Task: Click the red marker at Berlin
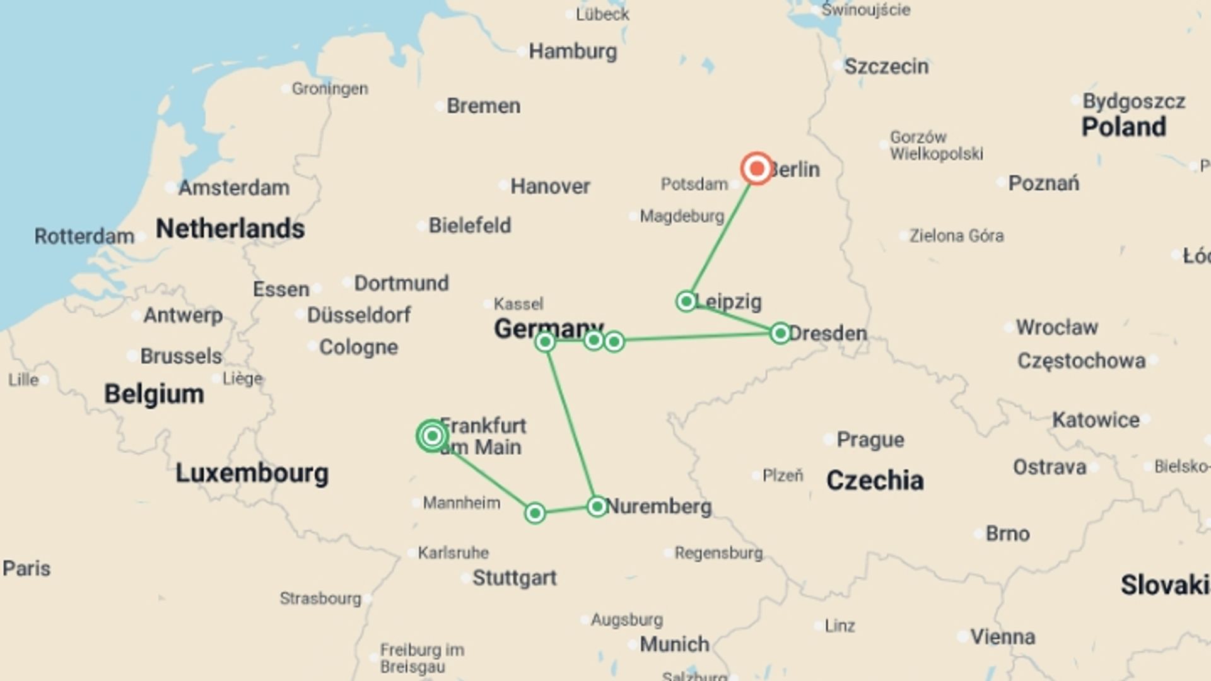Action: (x=756, y=168)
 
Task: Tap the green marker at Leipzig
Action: (x=686, y=301)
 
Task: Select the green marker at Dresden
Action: (x=780, y=333)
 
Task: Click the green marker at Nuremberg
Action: (x=597, y=506)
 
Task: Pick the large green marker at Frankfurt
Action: (x=432, y=436)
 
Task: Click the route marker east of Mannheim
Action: (x=535, y=513)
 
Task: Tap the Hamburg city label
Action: (x=572, y=51)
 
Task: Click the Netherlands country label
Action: (x=230, y=228)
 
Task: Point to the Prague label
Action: (x=870, y=439)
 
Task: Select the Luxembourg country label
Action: (x=252, y=473)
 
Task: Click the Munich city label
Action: (x=674, y=644)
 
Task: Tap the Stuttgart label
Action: (x=514, y=578)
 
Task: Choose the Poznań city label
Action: (x=1043, y=183)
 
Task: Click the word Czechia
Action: (x=875, y=480)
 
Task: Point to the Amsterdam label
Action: (x=233, y=187)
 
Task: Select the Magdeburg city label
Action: (x=682, y=216)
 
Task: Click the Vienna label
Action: (x=1002, y=637)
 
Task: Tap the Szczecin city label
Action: (x=886, y=66)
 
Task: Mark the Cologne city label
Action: (x=358, y=347)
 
